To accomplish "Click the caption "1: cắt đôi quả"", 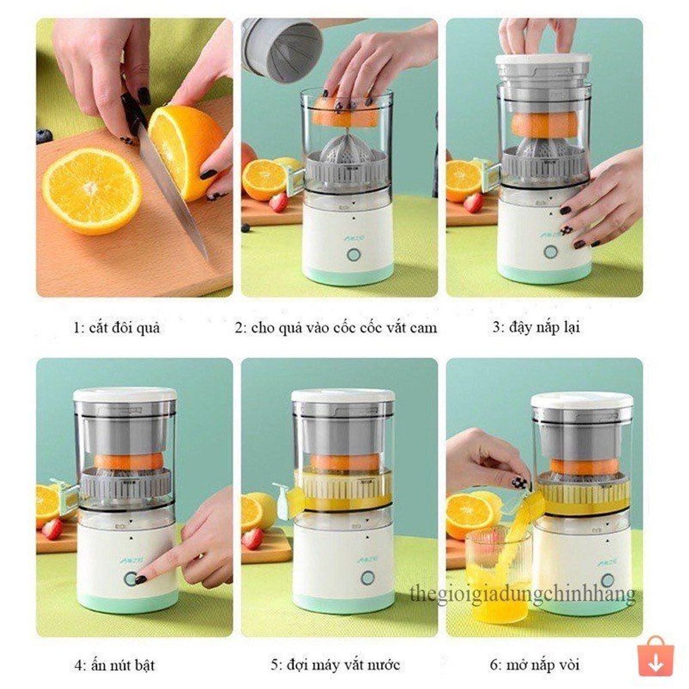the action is point(117,327).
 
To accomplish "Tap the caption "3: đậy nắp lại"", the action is point(536,327).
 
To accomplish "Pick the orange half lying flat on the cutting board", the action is point(92,191).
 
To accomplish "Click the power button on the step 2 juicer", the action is point(354,255).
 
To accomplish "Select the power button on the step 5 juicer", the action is point(366,578).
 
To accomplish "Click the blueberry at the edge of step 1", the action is point(44,137).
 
